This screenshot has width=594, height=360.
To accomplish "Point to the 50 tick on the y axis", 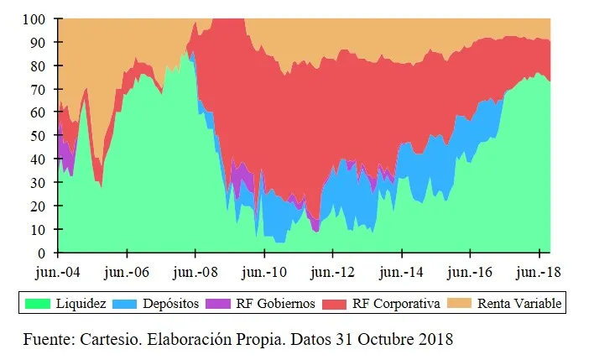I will click(39, 135).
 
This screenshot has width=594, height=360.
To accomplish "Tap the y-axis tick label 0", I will click(42, 253).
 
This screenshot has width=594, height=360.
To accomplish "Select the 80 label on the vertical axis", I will click(39, 65).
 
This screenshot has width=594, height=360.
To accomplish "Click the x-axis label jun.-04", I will click(58, 273).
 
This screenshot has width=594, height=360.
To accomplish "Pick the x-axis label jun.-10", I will click(263, 273).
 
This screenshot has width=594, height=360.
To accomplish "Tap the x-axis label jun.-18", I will click(538, 273).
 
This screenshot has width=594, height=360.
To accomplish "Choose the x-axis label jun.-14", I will click(401, 273).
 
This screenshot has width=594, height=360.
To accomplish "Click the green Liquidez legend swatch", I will click(36, 303).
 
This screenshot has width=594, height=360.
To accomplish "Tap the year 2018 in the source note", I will click(435, 340).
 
